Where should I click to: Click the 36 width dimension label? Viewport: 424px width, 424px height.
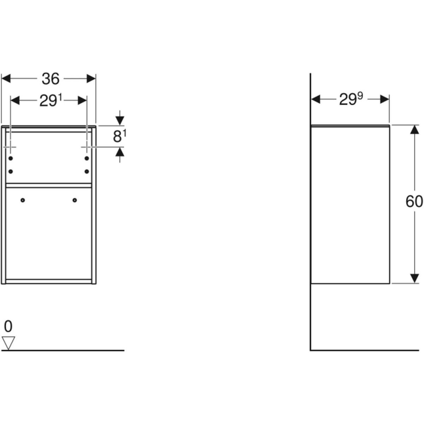[x=50, y=79]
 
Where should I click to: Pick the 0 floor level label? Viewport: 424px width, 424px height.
[x=8, y=326]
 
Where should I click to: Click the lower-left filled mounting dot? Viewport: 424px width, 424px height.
[x=11, y=171]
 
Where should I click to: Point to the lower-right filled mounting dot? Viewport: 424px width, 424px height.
[x=87, y=171]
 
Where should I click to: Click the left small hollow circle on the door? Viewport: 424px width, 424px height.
[x=23, y=200]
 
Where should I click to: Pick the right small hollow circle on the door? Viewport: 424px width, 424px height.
[x=75, y=200]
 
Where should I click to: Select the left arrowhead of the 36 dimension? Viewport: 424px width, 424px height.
[x=6, y=78]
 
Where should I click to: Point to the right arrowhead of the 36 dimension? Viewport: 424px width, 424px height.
[x=92, y=78]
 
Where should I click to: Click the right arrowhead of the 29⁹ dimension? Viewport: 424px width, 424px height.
[x=385, y=100]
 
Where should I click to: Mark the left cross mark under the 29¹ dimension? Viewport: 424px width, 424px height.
[x=11, y=146]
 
